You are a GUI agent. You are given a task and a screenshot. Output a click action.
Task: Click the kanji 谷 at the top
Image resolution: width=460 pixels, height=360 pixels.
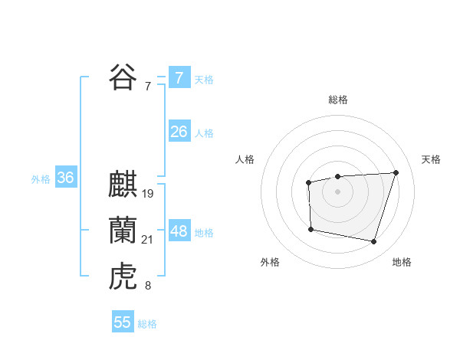click(123, 77)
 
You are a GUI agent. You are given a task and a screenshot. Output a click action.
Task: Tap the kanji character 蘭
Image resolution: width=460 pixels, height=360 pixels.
click(123, 231)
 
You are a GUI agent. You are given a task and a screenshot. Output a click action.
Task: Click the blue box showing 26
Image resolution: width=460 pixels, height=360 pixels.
click(179, 132)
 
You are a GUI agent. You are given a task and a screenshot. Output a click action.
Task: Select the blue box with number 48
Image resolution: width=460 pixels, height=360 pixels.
click(179, 231)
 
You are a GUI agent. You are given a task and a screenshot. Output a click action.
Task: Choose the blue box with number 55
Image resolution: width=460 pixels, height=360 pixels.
click(123, 322)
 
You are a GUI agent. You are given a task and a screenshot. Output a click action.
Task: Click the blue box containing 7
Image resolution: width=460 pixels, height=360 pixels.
click(179, 78)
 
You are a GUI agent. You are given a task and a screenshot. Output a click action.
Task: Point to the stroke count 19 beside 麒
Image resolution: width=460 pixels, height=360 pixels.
click(148, 194)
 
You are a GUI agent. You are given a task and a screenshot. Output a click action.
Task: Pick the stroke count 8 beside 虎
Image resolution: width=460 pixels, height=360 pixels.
click(148, 286)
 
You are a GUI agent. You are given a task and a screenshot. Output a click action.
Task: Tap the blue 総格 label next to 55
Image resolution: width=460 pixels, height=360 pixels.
click(147, 324)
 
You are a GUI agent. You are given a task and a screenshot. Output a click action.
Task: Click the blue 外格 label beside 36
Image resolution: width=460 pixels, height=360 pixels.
click(41, 179)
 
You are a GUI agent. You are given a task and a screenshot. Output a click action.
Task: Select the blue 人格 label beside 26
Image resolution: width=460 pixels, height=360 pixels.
click(204, 133)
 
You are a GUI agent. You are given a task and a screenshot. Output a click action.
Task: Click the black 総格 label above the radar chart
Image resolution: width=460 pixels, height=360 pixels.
click(337, 100)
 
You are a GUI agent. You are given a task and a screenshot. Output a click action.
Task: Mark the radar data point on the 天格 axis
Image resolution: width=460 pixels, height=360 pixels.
click(396, 172)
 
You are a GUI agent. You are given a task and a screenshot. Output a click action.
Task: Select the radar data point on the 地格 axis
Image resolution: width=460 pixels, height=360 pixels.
click(373, 242)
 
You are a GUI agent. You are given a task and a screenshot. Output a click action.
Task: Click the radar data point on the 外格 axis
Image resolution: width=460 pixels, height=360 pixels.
click(310, 228)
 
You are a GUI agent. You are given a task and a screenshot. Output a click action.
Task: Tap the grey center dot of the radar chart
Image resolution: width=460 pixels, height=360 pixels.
click(337, 191)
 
